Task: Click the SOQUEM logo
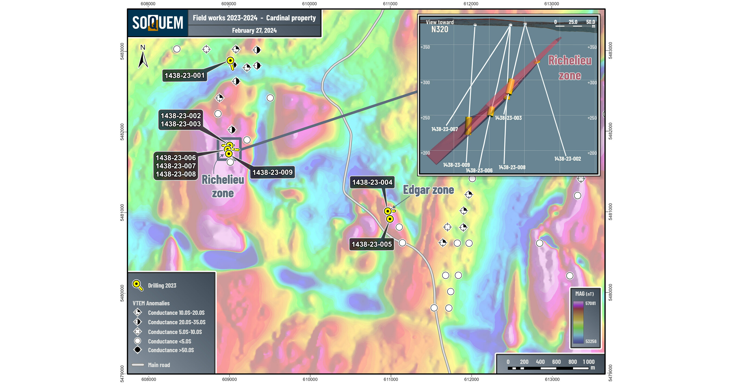pyautogui.click(x=158, y=23)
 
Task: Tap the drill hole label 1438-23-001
pyautogui.click(x=184, y=76)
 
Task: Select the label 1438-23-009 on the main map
pyautogui.click(x=272, y=172)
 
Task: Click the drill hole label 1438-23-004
pyautogui.click(x=372, y=182)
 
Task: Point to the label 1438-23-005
pyautogui.click(x=372, y=244)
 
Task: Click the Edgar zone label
pyautogui.click(x=428, y=190)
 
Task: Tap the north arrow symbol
pyautogui.click(x=143, y=57)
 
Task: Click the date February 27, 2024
pyautogui.click(x=254, y=31)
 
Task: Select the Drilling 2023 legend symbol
pyautogui.click(x=137, y=285)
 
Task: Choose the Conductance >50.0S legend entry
pyautogui.click(x=171, y=350)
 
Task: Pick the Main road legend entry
pyautogui.click(x=159, y=365)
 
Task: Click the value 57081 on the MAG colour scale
pyautogui.click(x=590, y=303)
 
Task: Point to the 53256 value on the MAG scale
pyautogui.click(x=591, y=341)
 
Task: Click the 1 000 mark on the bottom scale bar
pyautogui.click(x=589, y=362)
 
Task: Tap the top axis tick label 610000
pyautogui.click(x=309, y=4)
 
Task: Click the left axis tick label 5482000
pyautogui.click(x=122, y=132)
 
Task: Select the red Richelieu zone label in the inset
pyautogui.click(x=570, y=68)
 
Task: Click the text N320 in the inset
pyautogui.click(x=439, y=29)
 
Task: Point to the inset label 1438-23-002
pyautogui.click(x=567, y=159)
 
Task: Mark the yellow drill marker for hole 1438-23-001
pyautogui.click(x=230, y=61)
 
